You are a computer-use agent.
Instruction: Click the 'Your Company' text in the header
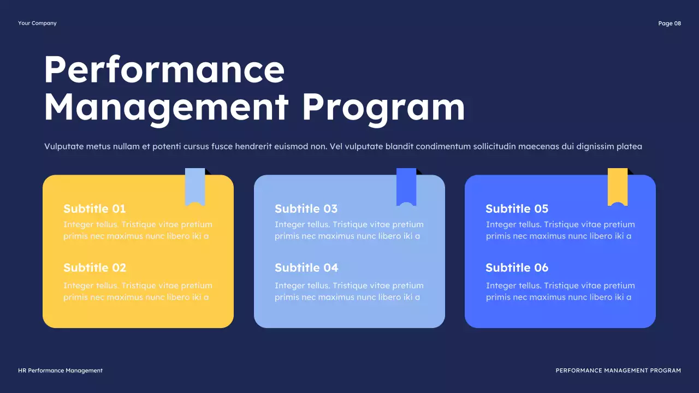(x=37, y=23)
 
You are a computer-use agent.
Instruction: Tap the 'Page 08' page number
(x=670, y=23)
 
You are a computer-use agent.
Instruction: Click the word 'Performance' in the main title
(x=164, y=69)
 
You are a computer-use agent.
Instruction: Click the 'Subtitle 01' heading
(x=94, y=209)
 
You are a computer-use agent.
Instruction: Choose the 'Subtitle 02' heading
(x=94, y=267)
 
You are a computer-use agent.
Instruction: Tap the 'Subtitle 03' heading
(x=306, y=209)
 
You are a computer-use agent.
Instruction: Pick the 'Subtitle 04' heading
(x=306, y=267)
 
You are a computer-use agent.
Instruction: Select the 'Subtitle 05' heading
(x=517, y=209)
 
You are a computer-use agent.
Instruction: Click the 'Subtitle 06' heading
(x=517, y=267)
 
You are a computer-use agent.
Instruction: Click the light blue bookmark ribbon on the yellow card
(x=195, y=186)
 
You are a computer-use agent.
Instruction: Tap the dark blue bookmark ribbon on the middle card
(x=406, y=186)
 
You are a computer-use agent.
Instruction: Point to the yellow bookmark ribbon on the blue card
(x=618, y=186)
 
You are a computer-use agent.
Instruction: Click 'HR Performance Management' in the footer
(x=60, y=371)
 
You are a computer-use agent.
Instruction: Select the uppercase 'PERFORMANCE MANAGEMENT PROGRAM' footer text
(x=618, y=371)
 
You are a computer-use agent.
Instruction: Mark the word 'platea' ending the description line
(x=629, y=146)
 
